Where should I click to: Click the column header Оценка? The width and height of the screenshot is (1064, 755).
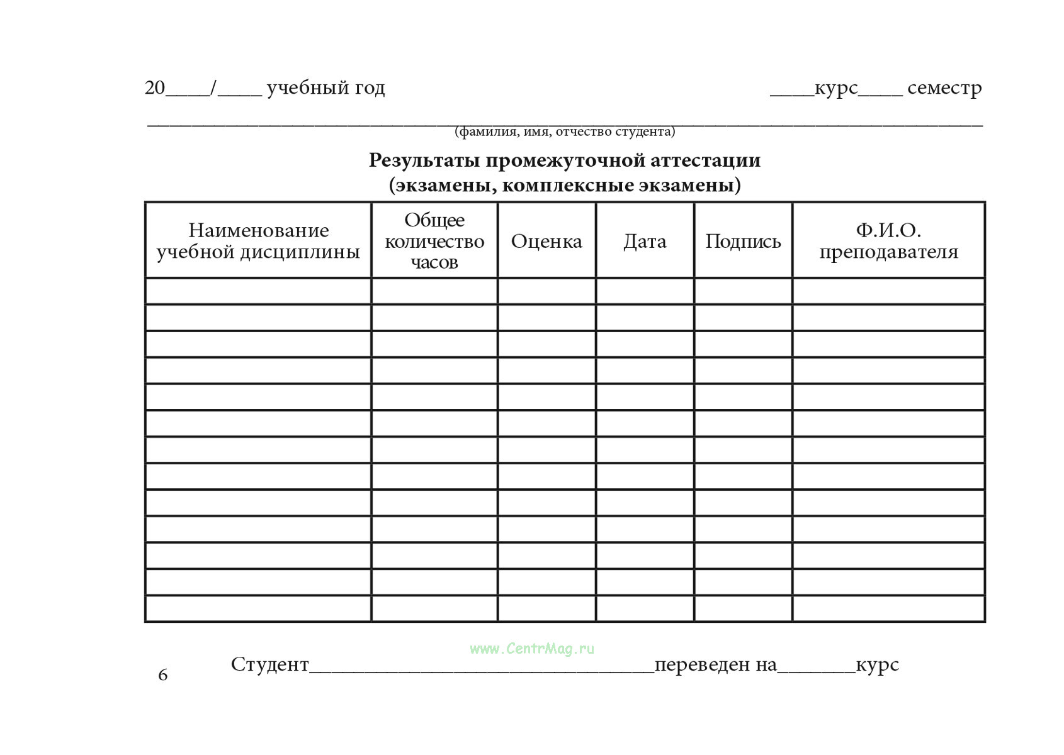point(546,241)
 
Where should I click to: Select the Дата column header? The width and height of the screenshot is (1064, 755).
point(645,241)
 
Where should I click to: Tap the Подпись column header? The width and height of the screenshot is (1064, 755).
point(743,241)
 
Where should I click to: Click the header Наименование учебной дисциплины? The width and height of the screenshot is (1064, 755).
point(258,241)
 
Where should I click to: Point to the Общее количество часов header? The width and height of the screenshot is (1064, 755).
point(434,241)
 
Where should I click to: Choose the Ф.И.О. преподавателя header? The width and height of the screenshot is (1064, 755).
point(888,241)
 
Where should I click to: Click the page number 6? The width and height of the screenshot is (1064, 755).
point(163,675)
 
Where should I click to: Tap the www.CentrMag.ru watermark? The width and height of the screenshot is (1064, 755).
point(532,649)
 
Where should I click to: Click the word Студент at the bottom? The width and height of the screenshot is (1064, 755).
point(270,664)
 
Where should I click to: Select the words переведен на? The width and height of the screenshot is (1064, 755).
point(716,664)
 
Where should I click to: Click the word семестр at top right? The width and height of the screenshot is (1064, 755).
point(944,88)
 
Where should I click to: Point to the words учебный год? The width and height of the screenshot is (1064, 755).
point(325,88)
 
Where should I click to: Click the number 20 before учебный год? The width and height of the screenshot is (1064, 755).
point(155,88)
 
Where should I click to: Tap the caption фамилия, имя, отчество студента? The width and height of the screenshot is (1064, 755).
point(565,131)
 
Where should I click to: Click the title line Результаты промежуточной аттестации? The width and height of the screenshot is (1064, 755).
point(565,160)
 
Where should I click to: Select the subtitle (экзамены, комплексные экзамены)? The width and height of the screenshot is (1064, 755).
point(565,186)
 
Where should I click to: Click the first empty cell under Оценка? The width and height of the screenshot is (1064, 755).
point(546,291)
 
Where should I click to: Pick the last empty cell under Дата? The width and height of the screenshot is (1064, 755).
point(645,608)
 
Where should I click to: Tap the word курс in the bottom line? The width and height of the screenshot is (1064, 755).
point(877,664)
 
